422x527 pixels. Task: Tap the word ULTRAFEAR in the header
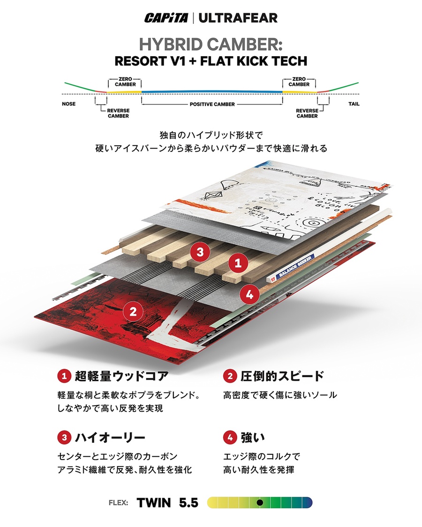238,18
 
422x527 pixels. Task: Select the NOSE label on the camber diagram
68,104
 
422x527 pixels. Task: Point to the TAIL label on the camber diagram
354,104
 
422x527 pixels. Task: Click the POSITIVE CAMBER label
212,104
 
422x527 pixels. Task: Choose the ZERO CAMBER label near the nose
125,82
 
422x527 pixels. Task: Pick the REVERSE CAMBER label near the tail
307,113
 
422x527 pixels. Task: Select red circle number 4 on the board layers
249,295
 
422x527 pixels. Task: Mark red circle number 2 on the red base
133,311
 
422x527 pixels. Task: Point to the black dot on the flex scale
260,503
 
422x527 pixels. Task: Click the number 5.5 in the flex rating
188,503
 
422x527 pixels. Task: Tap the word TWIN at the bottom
154,503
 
